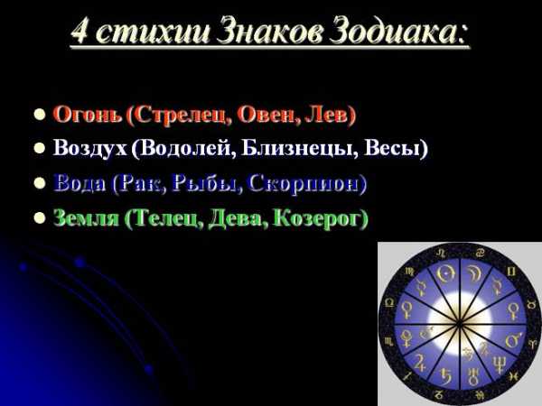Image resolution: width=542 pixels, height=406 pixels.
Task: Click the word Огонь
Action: pos(88,115)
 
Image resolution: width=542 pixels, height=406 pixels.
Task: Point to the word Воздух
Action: pos(89,149)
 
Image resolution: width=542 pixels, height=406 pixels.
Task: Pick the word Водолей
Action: pos(184,149)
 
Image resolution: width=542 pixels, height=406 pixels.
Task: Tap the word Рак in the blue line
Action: pos(142,183)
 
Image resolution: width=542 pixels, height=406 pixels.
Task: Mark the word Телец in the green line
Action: pos(164,218)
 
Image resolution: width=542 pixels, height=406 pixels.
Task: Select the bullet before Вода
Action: pos(40,182)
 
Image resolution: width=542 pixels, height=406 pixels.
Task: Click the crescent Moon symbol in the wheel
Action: pos(472,273)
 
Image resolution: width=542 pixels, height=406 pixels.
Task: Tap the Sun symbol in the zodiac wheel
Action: pos(444,273)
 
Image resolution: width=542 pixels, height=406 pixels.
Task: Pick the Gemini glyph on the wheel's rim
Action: pos(511,272)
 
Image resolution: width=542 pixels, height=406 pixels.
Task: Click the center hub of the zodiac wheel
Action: pos(459,324)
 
